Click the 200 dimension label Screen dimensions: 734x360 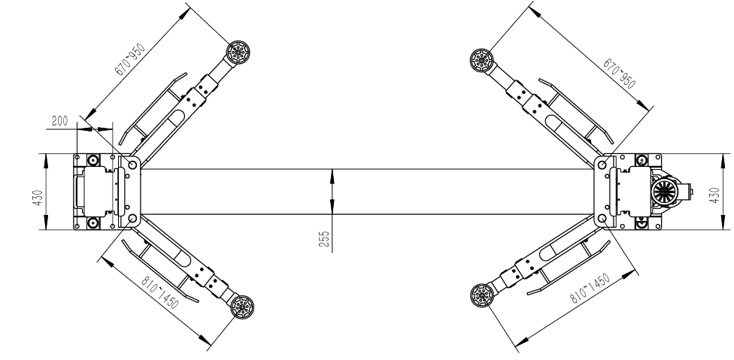pos(59,120)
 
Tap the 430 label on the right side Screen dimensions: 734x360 pos(714,195)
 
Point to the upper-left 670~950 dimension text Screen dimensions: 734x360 pos(131,59)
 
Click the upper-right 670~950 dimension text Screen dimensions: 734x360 pos(620,74)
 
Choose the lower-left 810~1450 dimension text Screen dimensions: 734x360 pos(160,292)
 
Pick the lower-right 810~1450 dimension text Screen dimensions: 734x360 pos(590,289)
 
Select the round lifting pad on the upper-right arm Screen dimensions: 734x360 pos(481,60)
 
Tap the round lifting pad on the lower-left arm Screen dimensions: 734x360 pos(242,307)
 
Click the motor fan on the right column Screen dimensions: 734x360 pos(663,192)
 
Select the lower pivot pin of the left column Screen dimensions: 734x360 pos(132,219)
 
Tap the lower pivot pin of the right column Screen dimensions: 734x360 pos(602,219)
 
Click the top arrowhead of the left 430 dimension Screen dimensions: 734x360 pos(45,160)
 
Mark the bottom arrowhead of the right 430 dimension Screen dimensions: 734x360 pos(721,223)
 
